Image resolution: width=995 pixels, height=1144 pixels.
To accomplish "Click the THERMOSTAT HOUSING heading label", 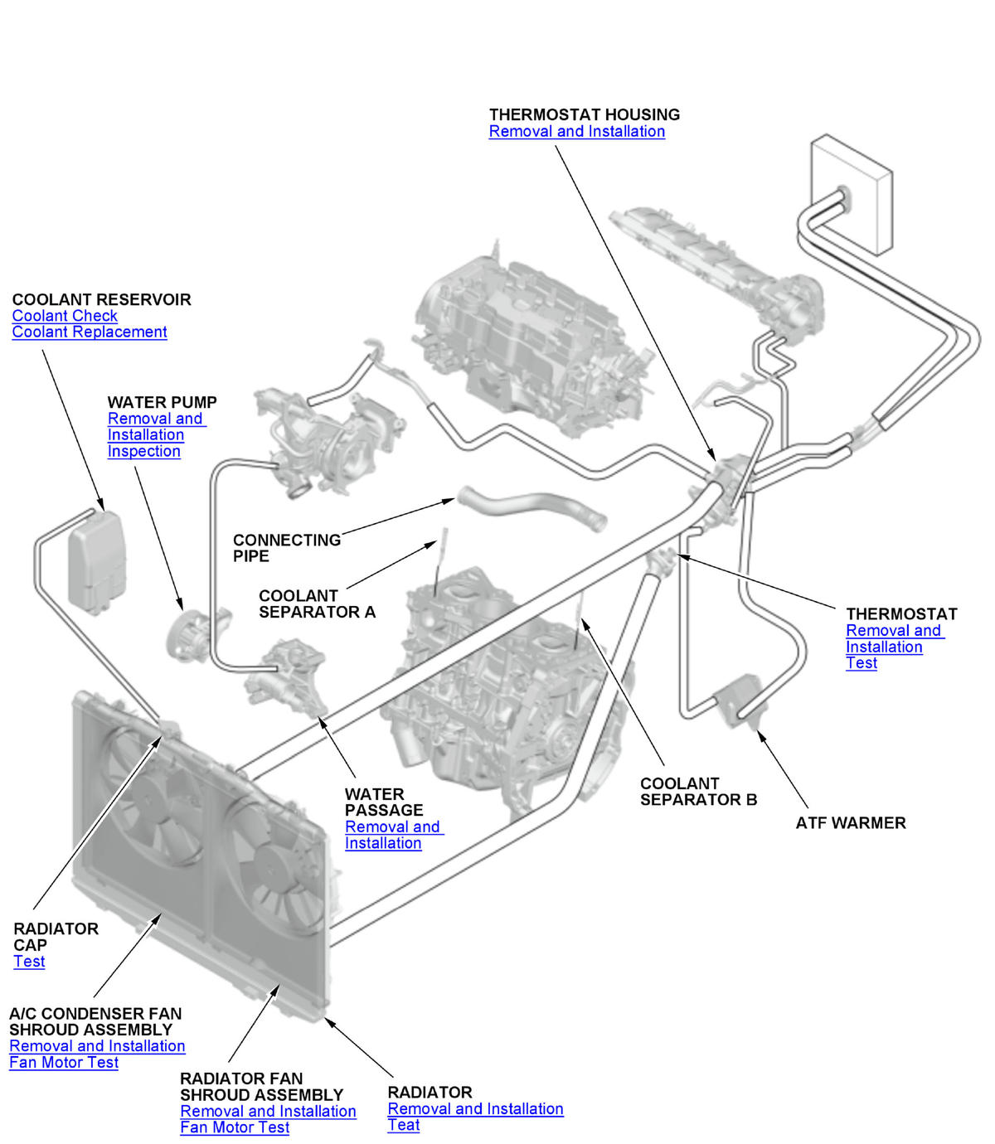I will pyautogui.click(x=584, y=114).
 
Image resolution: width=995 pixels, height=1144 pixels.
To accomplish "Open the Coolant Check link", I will pyautogui.click(x=65, y=316).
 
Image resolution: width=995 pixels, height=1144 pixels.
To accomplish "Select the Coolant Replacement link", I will pyautogui.click(x=90, y=332).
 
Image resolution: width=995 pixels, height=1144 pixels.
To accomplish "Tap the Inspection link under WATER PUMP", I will pyautogui.click(x=143, y=451).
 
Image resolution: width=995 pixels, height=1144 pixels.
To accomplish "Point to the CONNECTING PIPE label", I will pyautogui.click(x=286, y=548).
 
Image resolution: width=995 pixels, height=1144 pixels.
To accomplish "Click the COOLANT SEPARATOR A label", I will pyautogui.click(x=317, y=604).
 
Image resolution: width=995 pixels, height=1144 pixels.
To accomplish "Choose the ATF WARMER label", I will pyautogui.click(x=851, y=823).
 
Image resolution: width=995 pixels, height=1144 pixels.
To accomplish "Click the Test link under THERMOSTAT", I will pyautogui.click(x=862, y=663).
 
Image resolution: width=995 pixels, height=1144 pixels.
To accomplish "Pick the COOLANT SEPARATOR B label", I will pyautogui.click(x=698, y=792).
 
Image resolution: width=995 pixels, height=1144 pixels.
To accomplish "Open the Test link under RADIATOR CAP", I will pyautogui.click(x=29, y=962).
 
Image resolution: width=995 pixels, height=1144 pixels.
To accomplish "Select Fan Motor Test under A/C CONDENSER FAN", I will pyautogui.click(x=64, y=1063).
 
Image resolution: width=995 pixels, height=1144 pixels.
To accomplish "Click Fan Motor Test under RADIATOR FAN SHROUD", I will pyautogui.click(x=235, y=1127).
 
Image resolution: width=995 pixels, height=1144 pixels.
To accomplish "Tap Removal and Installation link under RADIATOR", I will pyautogui.click(x=475, y=1109).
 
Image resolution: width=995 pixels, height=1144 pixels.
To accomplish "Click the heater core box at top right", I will pyautogui.click(x=852, y=195).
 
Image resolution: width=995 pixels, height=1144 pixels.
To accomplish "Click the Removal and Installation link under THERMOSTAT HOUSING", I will pyautogui.click(x=576, y=131).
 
